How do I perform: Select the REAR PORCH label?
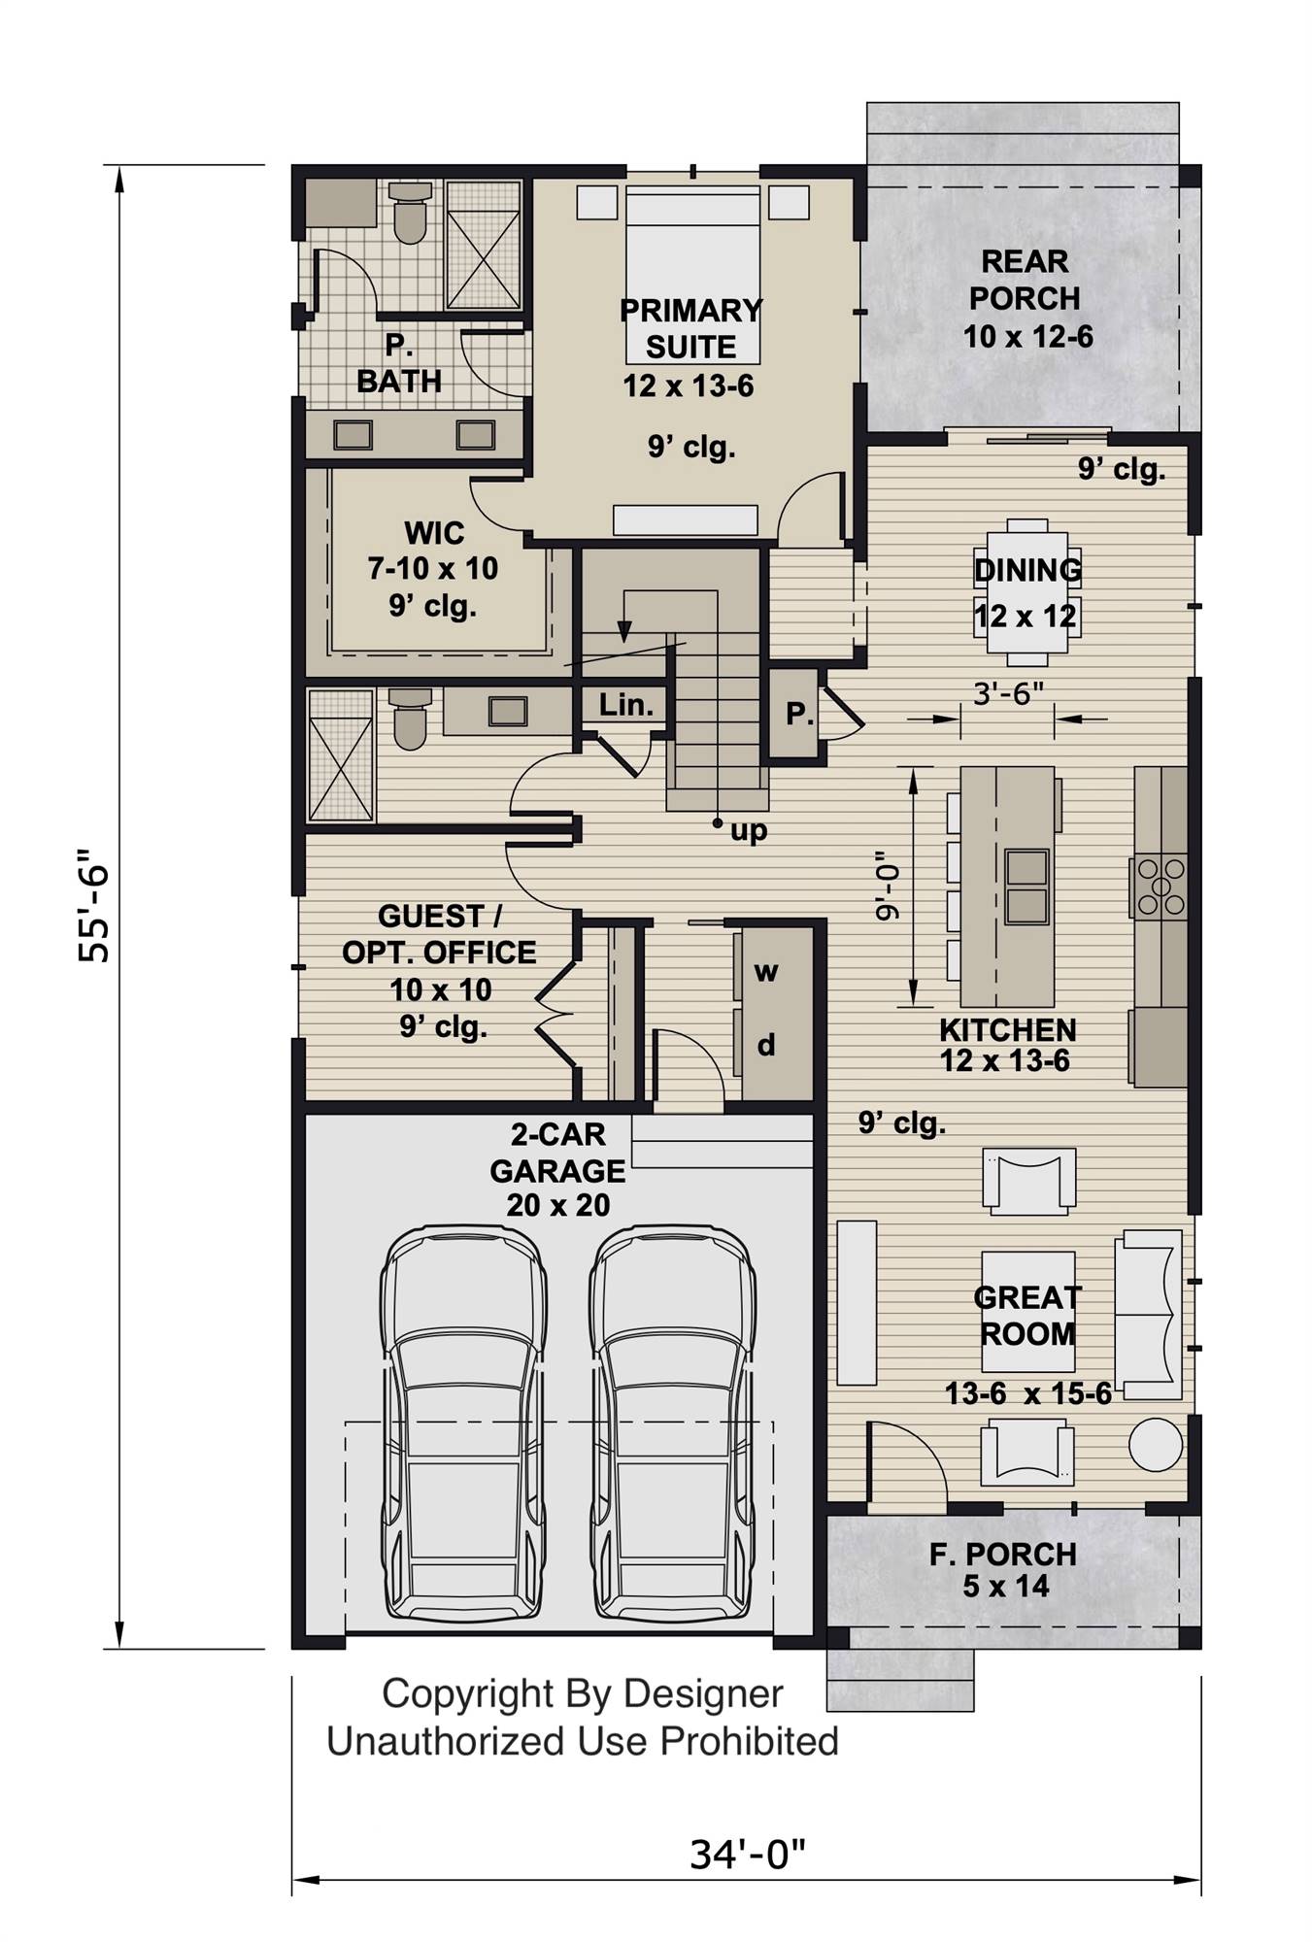coord(1026,280)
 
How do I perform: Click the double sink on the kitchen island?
coord(1026,885)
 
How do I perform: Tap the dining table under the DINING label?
coord(1026,593)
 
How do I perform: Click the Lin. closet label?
coord(625,705)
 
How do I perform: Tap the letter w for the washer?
coord(766,971)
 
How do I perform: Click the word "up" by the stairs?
coord(749,830)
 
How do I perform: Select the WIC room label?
coord(434,532)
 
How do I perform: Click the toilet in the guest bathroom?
coord(411,720)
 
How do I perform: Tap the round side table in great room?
coord(1156,1446)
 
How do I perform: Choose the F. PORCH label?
coord(1002,1555)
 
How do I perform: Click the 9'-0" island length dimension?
coord(881,886)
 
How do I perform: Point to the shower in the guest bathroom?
coord(340,755)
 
